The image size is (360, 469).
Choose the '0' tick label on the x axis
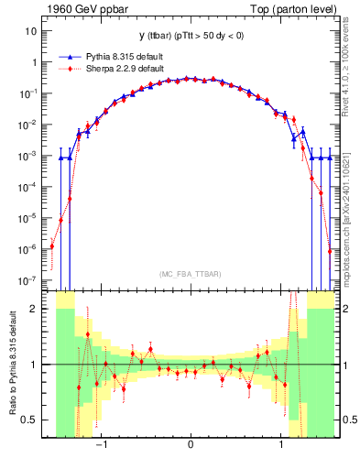click(x=191, y=446)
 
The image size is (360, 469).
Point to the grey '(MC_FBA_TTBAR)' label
click(x=191, y=274)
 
